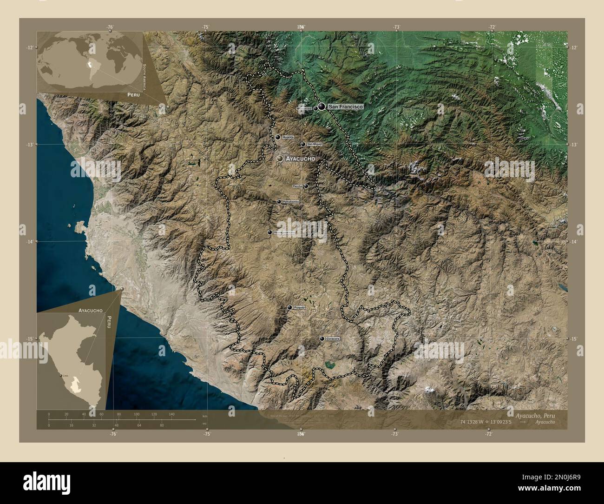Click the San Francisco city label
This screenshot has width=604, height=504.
[x=345, y=107]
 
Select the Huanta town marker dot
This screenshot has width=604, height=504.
[x=278, y=137]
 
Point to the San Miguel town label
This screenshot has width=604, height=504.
[x=314, y=144]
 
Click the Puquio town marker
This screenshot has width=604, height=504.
[x=290, y=307]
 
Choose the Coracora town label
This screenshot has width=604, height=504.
[x=333, y=339]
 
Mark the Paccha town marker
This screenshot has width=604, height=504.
[x=306, y=186]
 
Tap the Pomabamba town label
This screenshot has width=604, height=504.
[x=290, y=202]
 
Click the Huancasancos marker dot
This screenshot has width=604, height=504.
[x=270, y=232]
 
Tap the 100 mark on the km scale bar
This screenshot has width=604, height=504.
[x=136, y=414]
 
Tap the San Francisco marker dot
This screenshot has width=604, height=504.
[x=322, y=107]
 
